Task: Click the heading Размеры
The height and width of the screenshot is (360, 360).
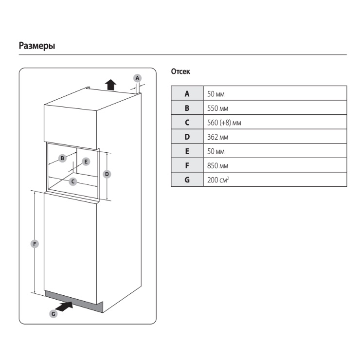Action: point(37,46)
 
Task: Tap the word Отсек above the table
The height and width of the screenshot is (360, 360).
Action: point(180,72)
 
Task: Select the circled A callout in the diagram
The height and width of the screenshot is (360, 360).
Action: point(137,78)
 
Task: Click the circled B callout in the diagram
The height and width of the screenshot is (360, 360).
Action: point(62,158)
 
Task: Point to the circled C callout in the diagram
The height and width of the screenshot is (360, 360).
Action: point(73,181)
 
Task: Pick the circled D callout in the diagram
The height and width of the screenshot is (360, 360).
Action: point(107,174)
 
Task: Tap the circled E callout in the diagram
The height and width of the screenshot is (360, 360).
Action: point(86,162)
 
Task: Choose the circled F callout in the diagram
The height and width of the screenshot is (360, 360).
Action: point(35,244)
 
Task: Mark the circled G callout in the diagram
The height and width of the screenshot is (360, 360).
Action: point(53,314)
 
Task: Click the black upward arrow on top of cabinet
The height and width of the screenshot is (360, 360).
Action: point(110,85)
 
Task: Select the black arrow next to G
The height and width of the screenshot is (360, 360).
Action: point(64,306)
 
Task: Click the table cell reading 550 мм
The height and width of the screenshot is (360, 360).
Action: point(275,108)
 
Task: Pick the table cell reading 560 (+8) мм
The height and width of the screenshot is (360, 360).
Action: point(275,122)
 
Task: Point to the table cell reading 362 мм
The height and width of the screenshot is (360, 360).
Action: point(275,137)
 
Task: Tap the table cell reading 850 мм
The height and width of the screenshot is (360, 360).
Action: point(275,165)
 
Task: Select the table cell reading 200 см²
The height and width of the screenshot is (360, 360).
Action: point(275,180)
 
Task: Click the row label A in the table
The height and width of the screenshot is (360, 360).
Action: point(187,93)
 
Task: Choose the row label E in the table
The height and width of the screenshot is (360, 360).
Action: point(187,151)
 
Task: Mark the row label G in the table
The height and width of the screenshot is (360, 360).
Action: point(187,180)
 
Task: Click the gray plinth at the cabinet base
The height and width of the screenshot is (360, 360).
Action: point(74,301)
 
